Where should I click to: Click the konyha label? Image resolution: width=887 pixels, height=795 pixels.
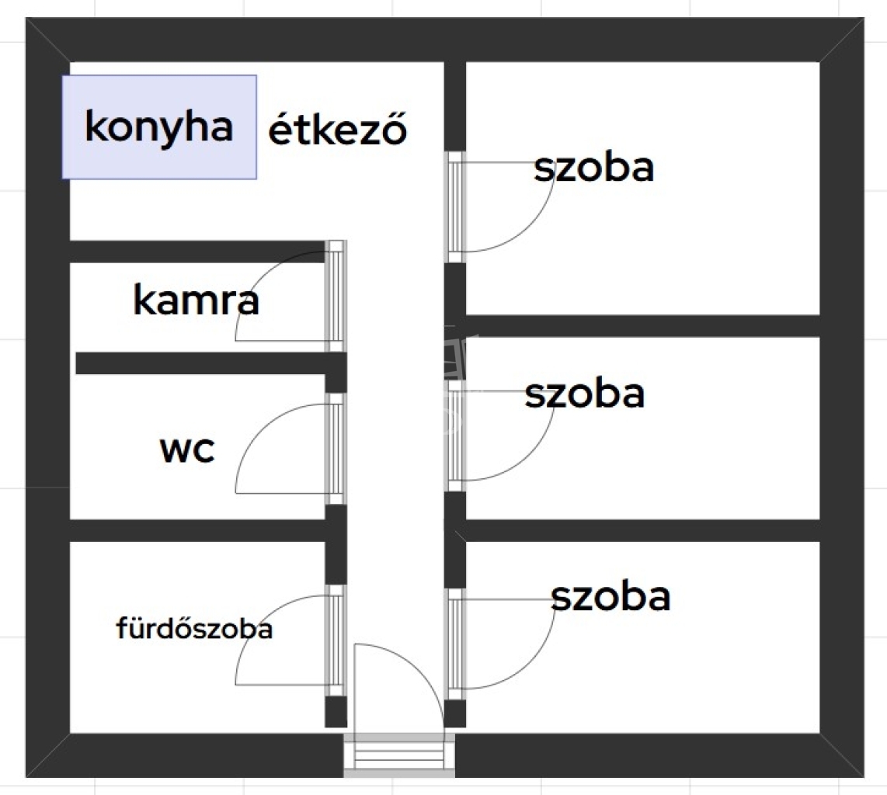coord(158,127)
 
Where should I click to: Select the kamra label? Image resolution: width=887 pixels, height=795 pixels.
coord(196,301)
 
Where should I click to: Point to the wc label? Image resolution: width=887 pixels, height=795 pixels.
coord(186,450)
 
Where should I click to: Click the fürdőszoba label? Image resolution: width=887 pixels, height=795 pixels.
coord(194,629)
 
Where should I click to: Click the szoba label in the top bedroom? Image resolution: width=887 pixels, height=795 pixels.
coord(593,168)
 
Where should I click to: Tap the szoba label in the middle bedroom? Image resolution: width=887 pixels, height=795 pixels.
coord(584,394)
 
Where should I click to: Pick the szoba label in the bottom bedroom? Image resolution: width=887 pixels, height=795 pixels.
coord(610,597)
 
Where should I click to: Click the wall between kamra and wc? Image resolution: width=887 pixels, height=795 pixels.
coord(202,363)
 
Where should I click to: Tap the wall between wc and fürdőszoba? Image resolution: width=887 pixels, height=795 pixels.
coord(198,530)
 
